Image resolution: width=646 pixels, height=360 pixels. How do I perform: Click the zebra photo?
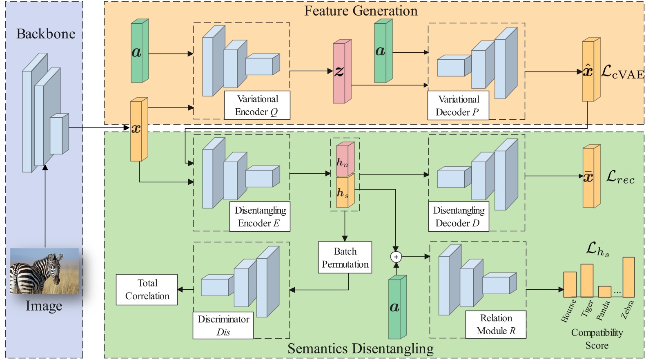pos(44,271)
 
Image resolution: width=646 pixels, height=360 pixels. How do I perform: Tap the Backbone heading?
pos(46,34)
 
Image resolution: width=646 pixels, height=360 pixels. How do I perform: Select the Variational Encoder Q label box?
pos(257,105)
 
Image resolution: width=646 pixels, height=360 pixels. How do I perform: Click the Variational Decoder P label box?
pos(458,106)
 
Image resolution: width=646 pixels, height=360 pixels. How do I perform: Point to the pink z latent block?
pos(341,72)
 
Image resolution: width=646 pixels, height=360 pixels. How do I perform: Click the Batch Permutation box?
pos(345,257)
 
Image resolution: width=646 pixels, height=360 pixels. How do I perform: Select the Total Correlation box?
pos(147,289)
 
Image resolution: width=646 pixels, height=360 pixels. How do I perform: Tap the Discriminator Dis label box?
pos(223,325)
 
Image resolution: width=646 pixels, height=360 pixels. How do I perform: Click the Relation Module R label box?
pos(496,324)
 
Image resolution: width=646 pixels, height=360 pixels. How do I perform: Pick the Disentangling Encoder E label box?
pos(260,217)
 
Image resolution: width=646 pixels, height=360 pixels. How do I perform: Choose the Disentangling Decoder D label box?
pos(458,217)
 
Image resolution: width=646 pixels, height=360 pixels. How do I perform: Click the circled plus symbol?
pos(396,257)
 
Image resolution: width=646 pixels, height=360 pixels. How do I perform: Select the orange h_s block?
pos(343,192)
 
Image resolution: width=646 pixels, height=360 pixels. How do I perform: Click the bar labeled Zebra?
pos(628,277)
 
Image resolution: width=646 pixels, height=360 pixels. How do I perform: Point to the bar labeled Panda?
pos(604,291)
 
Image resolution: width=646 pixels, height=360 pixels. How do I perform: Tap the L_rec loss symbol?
pos(620,177)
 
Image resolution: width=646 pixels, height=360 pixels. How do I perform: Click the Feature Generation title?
pos(361,11)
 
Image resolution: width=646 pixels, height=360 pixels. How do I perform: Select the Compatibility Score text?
pos(597,339)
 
